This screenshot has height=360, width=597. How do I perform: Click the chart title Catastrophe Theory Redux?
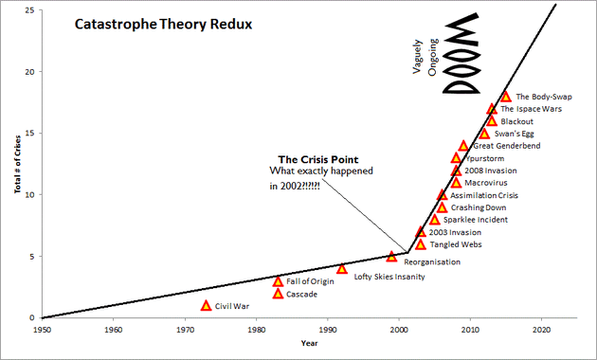click(x=163, y=23)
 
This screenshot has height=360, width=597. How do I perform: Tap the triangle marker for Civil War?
click(x=206, y=306)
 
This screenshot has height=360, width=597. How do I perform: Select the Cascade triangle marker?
click(x=278, y=294)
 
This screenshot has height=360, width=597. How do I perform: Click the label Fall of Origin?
click(x=313, y=281)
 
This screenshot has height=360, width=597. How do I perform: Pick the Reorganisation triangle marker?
click(x=392, y=257)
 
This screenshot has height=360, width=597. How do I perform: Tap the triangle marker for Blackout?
click(x=492, y=121)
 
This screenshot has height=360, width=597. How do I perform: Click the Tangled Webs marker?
click(x=421, y=244)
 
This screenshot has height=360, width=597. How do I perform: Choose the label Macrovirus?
click(x=484, y=183)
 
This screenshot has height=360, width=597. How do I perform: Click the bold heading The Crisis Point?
click(x=317, y=158)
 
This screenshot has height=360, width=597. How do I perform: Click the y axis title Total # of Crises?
click(x=16, y=166)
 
